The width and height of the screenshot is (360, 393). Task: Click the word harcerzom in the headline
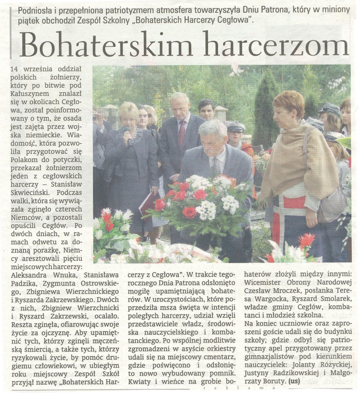pyautogui.click(x=276, y=45)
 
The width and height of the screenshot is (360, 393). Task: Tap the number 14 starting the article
pyautogui.click(x=14, y=69)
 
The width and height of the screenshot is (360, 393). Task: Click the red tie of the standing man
pyautogui.click(x=181, y=133)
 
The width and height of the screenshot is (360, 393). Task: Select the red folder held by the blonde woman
pyautogui.click(x=147, y=203)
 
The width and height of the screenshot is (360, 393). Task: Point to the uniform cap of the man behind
pyautogui.click(x=235, y=125)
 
